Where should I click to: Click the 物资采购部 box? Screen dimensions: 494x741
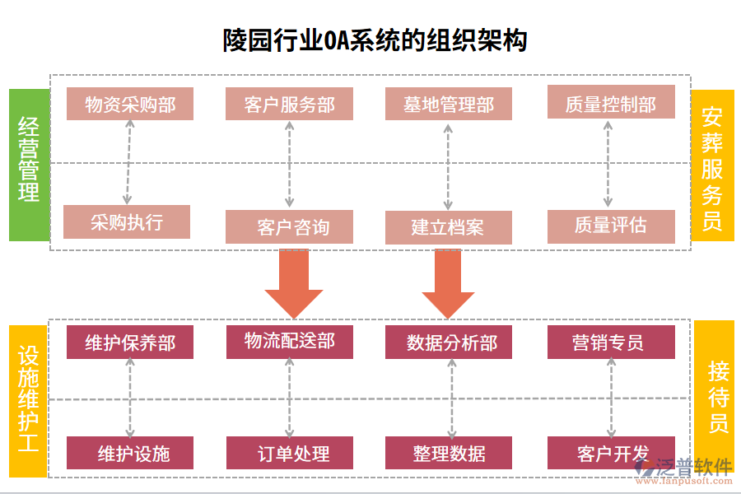pos(130,105)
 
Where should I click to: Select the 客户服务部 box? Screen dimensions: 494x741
pos(289,105)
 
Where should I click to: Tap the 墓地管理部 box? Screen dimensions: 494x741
pos(448,105)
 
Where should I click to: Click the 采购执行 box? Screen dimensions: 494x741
pos(127,222)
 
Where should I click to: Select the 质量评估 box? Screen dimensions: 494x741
pos(610,226)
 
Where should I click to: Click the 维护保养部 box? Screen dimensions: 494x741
pos(130,343)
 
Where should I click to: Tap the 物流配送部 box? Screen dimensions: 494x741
pos(289,341)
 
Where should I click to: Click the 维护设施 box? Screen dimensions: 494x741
pos(130,453)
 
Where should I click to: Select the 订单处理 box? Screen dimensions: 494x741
pos(289,453)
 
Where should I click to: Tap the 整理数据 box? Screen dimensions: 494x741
pos(448,453)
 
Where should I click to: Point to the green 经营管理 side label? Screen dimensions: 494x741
pos(29,165)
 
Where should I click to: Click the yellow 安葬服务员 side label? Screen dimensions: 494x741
pos(712,165)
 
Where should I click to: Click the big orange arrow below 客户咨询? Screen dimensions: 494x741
pos(293,284)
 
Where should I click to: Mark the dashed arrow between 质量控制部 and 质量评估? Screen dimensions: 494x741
pos(608,164)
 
